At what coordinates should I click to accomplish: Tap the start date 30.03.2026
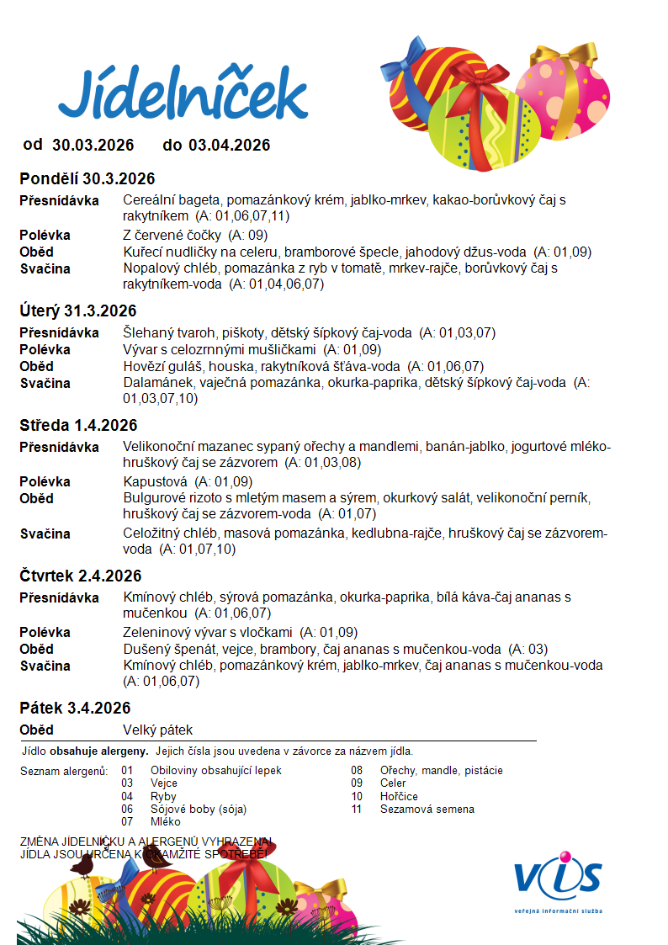coord(93,145)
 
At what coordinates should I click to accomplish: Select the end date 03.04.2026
coord(230,145)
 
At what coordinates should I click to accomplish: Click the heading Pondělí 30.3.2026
coord(87,178)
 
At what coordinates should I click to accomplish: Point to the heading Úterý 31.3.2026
coord(77,311)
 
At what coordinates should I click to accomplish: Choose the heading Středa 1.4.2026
coord(78,425)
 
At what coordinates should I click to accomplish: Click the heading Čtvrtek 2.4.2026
coord(81,576)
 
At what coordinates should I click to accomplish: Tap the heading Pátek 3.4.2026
coord(75,708)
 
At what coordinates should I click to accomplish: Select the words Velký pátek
coord(157,730)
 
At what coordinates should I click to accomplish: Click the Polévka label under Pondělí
coord(45,235)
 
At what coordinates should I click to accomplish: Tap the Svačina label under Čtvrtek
coord(45,666)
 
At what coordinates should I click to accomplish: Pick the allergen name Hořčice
coord(399,796)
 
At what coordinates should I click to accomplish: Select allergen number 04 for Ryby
coord(127,796)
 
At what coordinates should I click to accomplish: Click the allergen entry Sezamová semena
coord(427,809)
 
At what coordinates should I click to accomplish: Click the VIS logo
coord(559,878)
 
